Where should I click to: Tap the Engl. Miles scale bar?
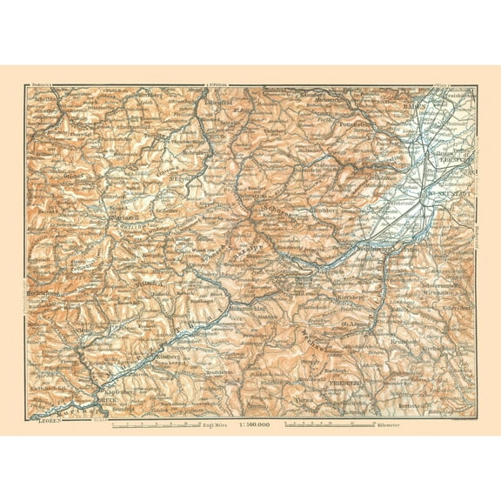(165, 424)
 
